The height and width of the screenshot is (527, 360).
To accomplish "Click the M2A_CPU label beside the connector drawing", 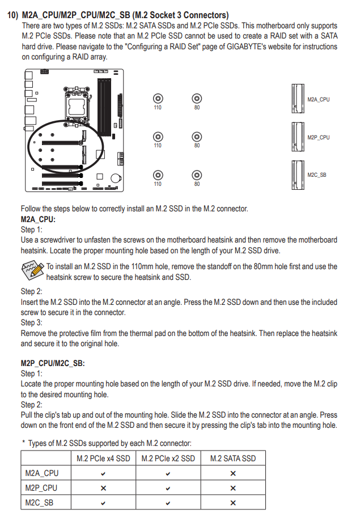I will coord(318,99).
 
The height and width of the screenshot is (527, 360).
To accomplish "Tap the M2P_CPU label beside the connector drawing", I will coord(318,138).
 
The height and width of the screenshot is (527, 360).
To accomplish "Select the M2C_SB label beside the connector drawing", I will coord(317,175).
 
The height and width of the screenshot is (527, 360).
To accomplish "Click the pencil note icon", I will coord(32,270).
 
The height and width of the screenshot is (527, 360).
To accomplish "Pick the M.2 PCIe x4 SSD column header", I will coord(103,458).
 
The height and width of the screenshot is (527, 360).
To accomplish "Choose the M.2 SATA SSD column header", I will coord(232,458).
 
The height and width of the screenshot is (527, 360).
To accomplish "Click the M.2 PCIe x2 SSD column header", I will coord(168,458).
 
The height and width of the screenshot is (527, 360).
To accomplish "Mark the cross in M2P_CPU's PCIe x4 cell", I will coord(103,488).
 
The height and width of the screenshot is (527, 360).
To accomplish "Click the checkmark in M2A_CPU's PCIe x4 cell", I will coord(103,473).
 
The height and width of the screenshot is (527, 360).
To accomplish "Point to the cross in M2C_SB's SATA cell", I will coord(232,503).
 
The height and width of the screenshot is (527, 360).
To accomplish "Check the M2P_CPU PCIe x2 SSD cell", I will coord(168,488).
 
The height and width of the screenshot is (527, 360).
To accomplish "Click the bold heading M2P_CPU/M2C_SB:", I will coord(53,363).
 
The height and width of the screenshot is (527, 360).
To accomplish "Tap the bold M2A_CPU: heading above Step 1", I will coord(38,219).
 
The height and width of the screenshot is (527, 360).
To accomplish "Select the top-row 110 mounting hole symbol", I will coord(158,99).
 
